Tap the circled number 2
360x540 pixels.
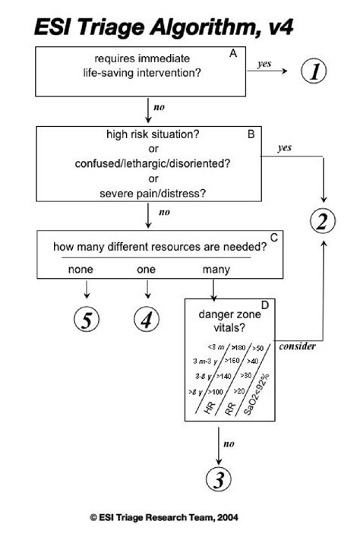[x=322, y=221]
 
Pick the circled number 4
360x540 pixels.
[x=147, y=321]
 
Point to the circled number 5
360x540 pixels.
[x=87, y=321]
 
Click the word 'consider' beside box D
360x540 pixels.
[x=298, y=347]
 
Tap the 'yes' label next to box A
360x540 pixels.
[x=265, y=65]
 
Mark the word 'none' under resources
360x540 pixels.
[x=81, y=269]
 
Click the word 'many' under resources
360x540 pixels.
[x=216, y=269]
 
